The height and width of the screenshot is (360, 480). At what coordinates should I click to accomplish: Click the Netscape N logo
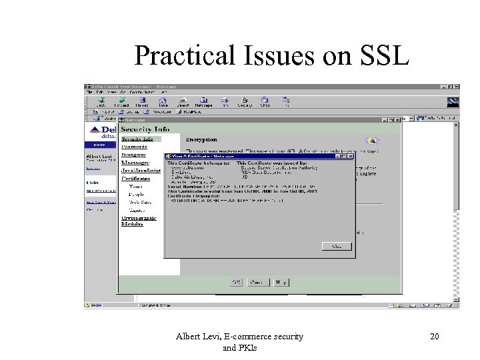coord(453,101)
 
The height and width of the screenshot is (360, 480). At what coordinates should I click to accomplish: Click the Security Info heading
coord(145,129)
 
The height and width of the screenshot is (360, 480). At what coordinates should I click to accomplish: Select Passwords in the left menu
coord(136,145)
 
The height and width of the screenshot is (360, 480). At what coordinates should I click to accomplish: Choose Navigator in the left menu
coord(135,153)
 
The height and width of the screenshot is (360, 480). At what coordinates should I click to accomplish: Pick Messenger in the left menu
coord(135,162)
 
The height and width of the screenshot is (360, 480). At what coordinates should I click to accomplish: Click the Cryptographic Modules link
coord(139,221)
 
